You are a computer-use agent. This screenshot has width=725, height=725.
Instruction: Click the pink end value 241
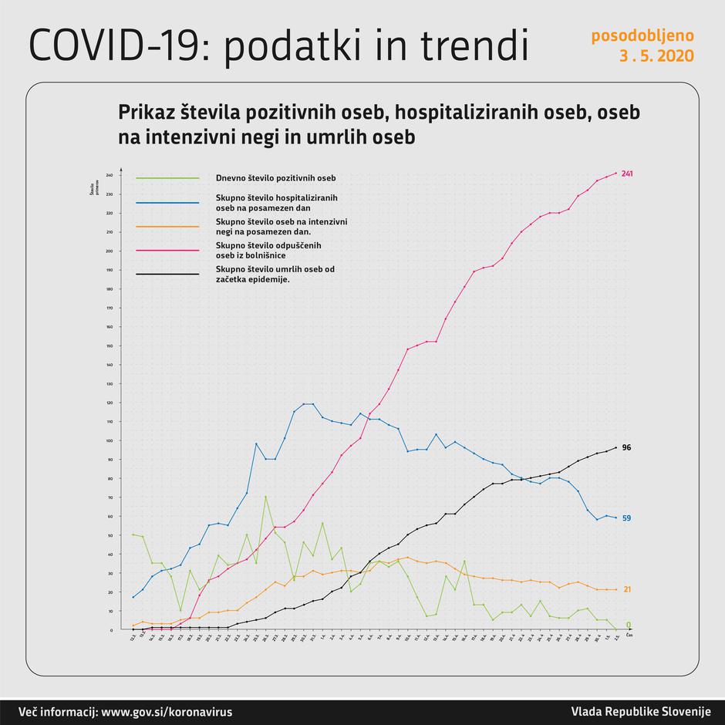coord(627,174)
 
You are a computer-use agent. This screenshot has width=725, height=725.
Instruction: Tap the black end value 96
coord(626,447)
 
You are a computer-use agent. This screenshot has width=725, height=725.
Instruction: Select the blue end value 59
coord(626,518)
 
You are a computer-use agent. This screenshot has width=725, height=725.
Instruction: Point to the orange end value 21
coord(626,589)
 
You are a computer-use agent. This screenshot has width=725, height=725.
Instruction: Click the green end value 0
coord(628,625)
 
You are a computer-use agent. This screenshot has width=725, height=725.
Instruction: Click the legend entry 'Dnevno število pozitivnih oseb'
coord(275,178)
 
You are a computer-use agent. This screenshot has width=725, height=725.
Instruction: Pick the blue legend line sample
coord(167,203)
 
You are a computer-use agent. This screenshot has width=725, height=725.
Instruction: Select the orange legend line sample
coord(167,226)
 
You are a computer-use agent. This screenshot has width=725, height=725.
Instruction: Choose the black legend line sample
coord(167,273)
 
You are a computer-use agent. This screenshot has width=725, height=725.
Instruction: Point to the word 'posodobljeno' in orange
coord(642,35)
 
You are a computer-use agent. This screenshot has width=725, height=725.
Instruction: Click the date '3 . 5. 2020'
coord(656,56)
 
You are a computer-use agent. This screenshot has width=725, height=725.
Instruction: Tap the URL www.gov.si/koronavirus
coord(167,711)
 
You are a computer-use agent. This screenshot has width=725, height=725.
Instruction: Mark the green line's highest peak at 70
coord(265,497)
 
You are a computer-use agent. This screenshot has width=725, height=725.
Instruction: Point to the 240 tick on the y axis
coord(110,175)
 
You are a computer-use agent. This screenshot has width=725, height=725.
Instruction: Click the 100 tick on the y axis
coord(110,440)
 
